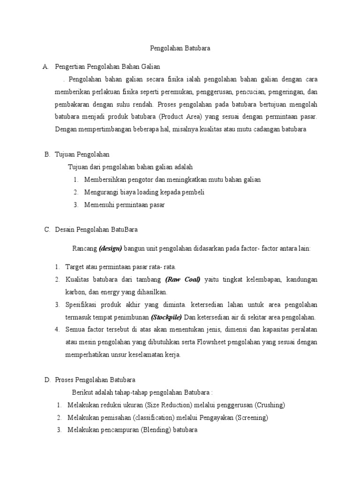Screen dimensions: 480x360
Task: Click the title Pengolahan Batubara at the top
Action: point(180,48)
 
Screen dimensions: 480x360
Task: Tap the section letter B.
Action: point(47,154)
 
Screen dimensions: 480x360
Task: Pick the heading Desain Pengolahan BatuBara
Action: point(96,230)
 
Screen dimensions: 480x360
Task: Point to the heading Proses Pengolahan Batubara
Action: point(95,380)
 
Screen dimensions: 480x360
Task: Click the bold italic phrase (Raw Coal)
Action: point(183,279)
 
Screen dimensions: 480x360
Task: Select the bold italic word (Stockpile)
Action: point(166,317)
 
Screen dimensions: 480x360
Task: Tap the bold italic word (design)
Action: point(111,248)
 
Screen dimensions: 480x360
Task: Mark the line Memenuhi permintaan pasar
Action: point(125,205)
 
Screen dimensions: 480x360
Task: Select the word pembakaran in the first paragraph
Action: point(75,104)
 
